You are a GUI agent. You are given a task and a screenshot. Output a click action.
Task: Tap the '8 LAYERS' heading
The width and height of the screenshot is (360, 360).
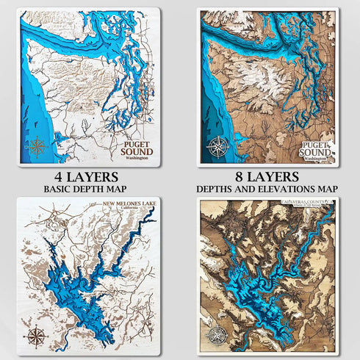pos(267,177)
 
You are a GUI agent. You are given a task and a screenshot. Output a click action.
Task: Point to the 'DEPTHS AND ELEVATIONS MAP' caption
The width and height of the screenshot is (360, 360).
pos(267,190)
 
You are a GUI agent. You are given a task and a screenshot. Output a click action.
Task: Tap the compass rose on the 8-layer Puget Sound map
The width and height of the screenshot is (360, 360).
pos(217,145)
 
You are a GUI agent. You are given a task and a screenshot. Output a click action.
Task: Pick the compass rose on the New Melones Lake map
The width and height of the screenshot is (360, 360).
pos(35,337)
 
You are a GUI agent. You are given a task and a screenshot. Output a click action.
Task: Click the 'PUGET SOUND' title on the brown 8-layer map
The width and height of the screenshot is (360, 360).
pos(317,147)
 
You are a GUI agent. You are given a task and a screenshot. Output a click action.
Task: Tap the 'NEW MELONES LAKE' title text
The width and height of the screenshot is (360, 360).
pos(120,202)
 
